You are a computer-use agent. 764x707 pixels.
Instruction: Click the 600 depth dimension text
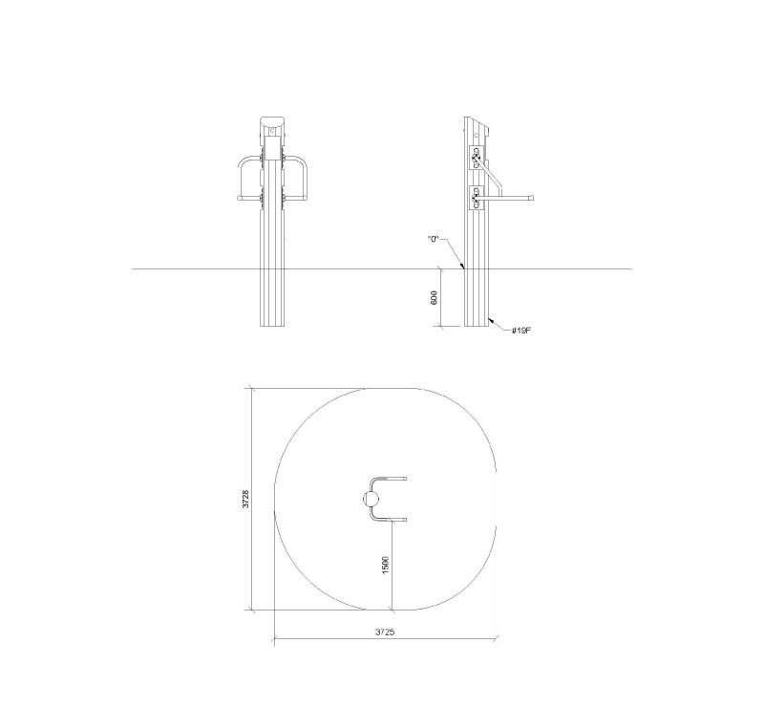point(435,297)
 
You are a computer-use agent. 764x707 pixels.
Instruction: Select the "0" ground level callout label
point(434,240)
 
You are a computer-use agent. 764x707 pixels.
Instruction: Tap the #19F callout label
point(521,331)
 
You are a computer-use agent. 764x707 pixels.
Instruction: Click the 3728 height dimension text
point(246,500)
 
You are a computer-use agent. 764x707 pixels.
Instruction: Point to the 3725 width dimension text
point(385,632)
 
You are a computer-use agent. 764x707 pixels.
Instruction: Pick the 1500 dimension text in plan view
point(386,565)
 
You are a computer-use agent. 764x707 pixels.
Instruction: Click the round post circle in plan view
point(371,500)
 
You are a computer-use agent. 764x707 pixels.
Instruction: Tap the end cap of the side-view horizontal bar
point(533,198)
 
